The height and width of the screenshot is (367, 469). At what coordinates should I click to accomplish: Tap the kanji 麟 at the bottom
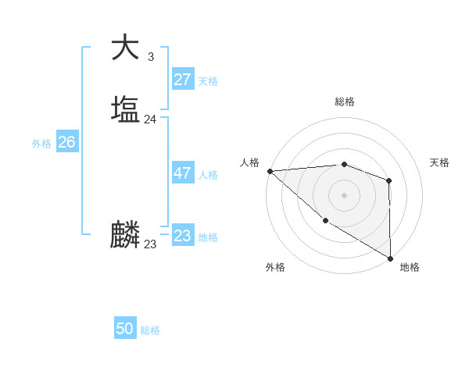pos(125,235)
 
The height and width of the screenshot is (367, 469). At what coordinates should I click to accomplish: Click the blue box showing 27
pos(182,79)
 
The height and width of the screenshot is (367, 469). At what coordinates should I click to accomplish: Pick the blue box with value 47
pos(182,173)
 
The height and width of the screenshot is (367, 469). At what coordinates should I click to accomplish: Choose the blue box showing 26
pos(66,142)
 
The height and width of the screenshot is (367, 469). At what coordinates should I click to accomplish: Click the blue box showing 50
pos(124,329)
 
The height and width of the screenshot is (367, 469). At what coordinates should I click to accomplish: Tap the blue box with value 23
pos(182,236)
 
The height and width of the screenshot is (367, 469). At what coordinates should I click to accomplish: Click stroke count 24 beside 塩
pos(150,119)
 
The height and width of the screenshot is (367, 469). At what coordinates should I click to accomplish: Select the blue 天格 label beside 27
pos(208,81)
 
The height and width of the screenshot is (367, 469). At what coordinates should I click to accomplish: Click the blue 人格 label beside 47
pos(208,175)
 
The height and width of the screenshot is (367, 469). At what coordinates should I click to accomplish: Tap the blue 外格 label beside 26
pos(41,144)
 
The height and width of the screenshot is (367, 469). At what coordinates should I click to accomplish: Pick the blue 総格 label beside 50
pos(150,330)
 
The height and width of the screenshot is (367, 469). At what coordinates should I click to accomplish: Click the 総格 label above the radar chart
pos(345,102)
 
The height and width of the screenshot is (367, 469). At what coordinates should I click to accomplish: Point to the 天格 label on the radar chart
pos(439,162)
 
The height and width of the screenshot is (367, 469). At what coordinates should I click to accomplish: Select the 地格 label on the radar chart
pos(410,267)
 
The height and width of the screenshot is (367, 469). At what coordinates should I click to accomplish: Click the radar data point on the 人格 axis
pos(270,170)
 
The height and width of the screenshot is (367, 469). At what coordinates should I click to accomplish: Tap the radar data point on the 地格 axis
pos(390,258)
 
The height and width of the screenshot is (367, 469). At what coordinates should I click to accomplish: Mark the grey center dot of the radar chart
pos(345,194)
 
